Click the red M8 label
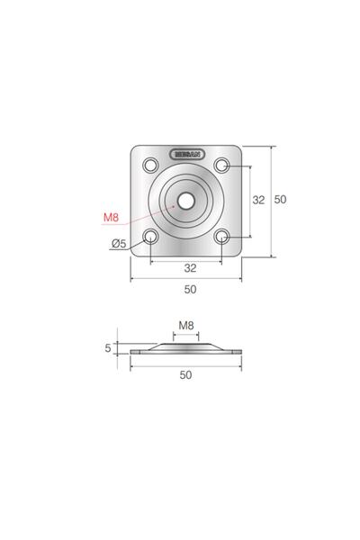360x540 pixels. tap(111, 217)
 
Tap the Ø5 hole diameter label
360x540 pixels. tap(118, 244)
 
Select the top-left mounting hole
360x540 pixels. tap(150, 166)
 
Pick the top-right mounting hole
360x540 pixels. tap(222, 166)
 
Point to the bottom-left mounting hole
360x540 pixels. tap(150, 238)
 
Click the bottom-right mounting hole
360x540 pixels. tap(222, 238)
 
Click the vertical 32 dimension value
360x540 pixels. tap(257, 200)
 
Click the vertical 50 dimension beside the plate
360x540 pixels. tap(280, 200)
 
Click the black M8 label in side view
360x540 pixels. tap(186, 325)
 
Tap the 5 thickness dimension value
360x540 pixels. tap(108, 347)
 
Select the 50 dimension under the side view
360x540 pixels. tap(186, 375)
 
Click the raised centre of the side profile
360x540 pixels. tap(186, 345)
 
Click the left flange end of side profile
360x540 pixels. tap(135, 351)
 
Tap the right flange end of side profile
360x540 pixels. tap(238, 351)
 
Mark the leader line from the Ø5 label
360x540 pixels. tap(135, 242)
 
